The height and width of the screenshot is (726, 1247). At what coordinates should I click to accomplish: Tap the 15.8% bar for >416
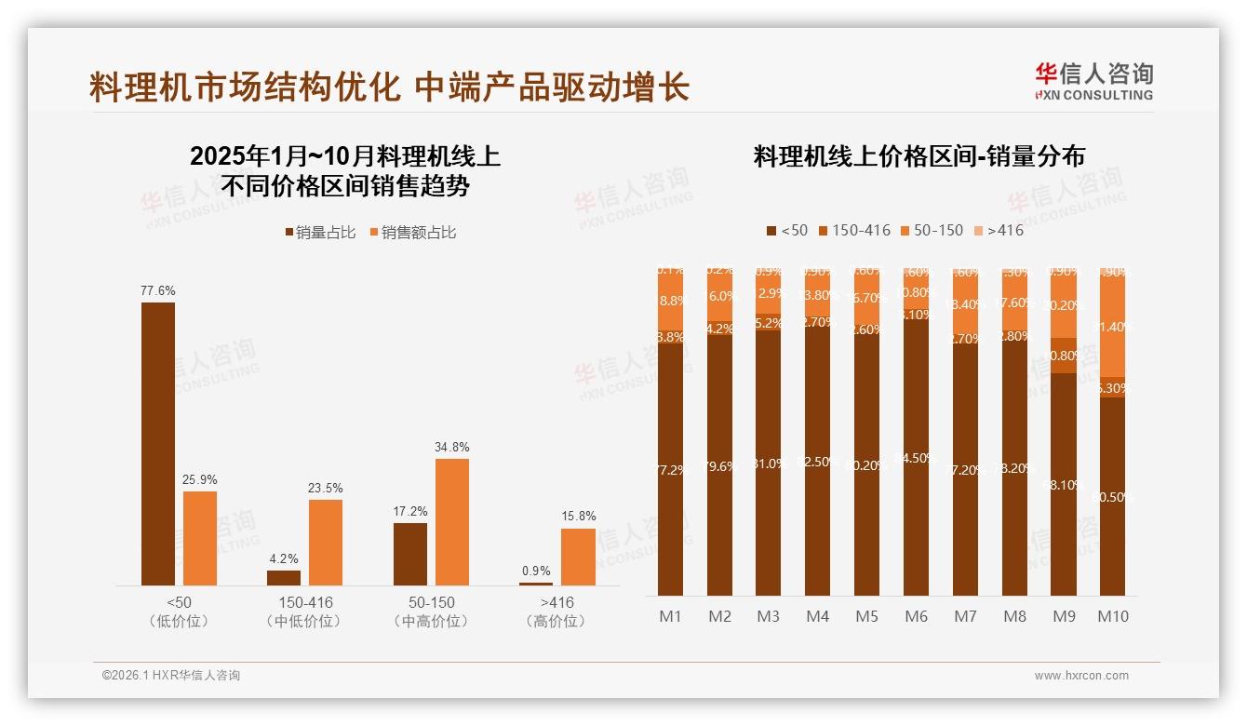click(x=577, y=557)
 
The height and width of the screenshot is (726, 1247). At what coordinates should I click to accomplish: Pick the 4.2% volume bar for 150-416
click(x=284, y=578)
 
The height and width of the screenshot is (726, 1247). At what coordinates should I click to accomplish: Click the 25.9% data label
click(x=200, y=479)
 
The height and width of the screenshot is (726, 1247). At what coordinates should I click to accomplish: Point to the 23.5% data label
click(x=326, y=488)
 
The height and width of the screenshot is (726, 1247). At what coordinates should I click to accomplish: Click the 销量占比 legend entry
click(x=320, y=233)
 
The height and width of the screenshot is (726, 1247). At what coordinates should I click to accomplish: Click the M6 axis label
click(x=916, y=616)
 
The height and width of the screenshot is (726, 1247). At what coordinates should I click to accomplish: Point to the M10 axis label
click(x=1112, y=616)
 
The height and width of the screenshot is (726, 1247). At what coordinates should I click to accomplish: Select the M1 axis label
click(x=670, y=616)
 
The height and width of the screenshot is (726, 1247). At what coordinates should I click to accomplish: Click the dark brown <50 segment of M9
click(x=1064, y=484)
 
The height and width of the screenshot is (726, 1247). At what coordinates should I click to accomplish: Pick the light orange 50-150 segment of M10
click(x=1112, y=326)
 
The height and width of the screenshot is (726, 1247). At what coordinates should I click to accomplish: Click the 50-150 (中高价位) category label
click(x=431, y=612)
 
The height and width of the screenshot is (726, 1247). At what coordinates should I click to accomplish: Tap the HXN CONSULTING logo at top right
click(x=1093, y=82)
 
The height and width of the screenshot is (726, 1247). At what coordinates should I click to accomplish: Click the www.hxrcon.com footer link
click(x=1081, y=676)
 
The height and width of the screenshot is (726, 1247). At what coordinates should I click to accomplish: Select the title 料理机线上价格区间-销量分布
click(x=918, y=156)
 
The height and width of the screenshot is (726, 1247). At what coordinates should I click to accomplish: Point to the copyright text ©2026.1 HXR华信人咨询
click(x=171, y=676)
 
